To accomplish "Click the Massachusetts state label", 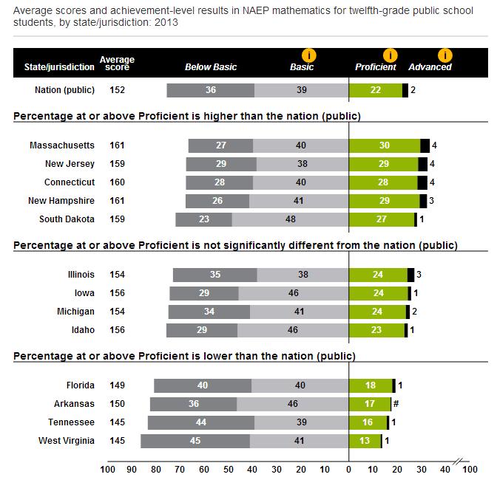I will coord(62,145).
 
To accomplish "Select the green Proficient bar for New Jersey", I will coord(383,164).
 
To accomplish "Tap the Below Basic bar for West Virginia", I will coord(195,441).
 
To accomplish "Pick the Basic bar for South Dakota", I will coord(290,219).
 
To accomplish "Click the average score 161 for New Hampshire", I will coord(118,201).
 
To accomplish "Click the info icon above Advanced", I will coord(444,55).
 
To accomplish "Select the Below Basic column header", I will coord(211,67).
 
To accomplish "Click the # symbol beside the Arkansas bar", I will coord(396,404).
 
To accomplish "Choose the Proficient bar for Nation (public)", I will coord(376,90).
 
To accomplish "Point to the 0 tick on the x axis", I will coord(348,468).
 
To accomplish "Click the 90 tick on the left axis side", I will coord(132,468).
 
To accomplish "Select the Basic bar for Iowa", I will coord(293,293).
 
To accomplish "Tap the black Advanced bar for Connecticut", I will coord(422,182).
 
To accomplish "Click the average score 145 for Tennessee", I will coord(118,422).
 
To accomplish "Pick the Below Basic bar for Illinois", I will coord(215,275).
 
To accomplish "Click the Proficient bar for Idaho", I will coord(376,330).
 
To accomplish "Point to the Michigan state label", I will coord(76,312).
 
